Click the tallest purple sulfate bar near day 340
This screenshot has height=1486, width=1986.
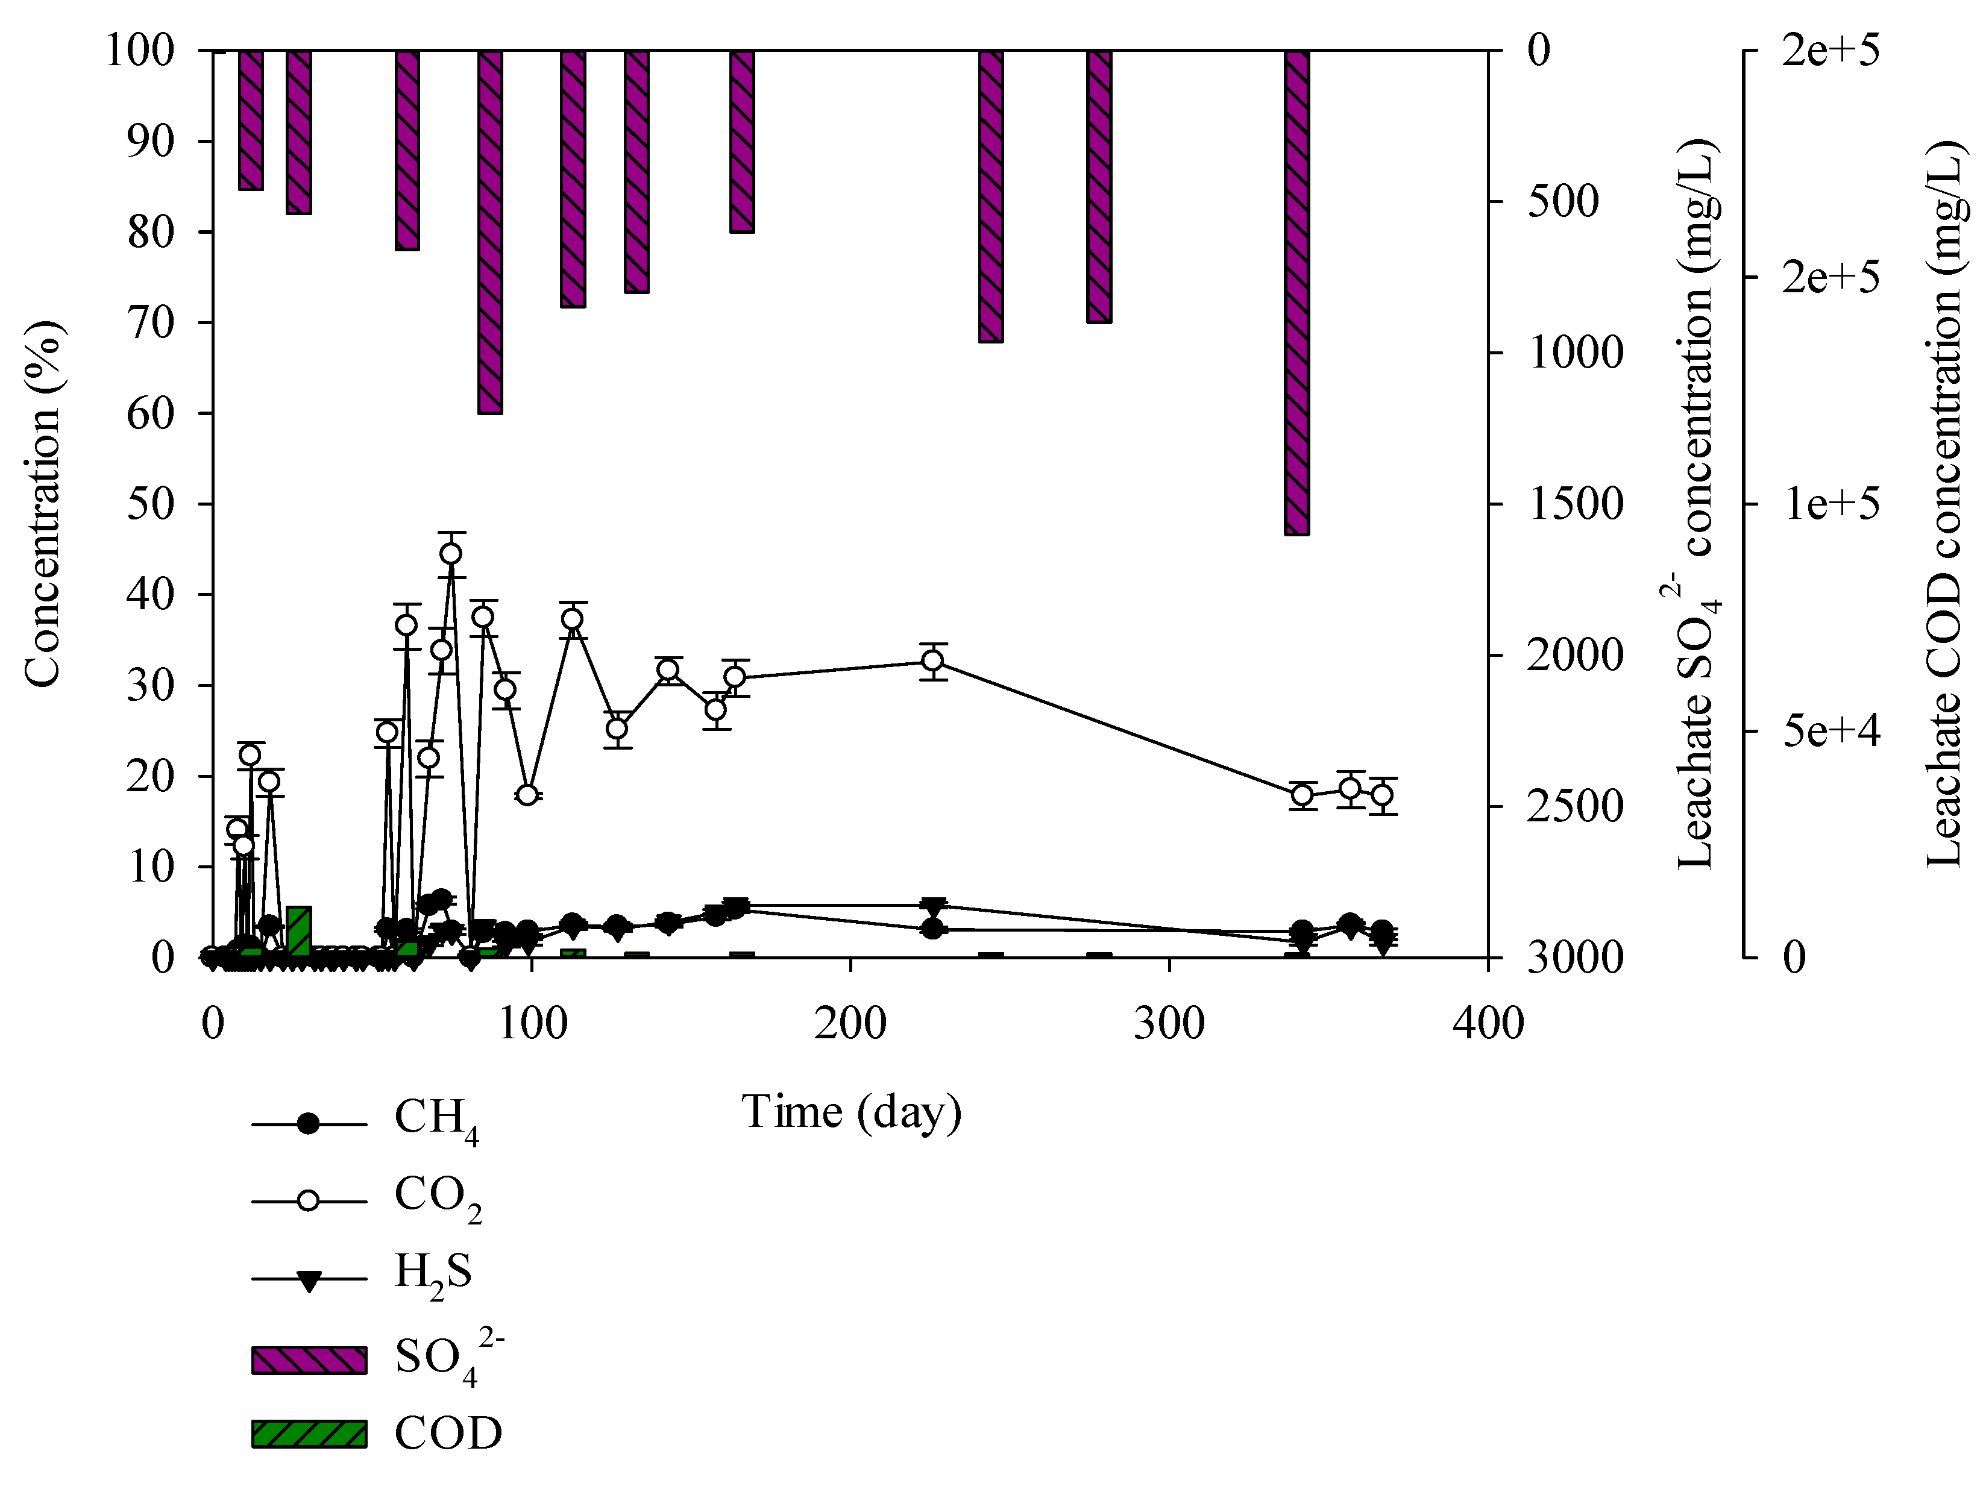1296,292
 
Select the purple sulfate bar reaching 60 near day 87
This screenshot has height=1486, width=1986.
490,231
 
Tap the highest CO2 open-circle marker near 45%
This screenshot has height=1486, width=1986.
451,553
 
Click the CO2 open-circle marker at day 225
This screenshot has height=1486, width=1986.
933,661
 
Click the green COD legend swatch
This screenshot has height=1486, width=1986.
309,1434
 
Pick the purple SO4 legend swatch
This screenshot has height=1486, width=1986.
309,1360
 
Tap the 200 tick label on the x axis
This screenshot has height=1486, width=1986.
850,1024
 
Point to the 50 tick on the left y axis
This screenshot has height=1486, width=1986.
150,504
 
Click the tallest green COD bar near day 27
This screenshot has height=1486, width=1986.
299,932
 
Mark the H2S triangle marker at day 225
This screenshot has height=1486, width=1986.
934,905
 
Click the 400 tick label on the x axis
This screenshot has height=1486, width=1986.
1488,1024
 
